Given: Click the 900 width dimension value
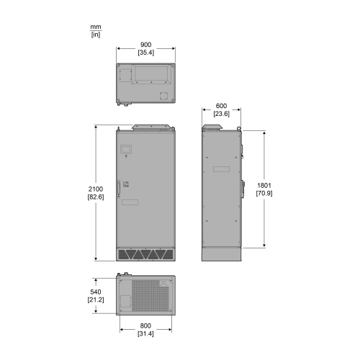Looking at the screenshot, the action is click(145, 45).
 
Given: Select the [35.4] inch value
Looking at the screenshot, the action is click(145, 53).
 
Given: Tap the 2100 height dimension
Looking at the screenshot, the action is click(96, 189).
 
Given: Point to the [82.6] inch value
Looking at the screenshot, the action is click(96, 197).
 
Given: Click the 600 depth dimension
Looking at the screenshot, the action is click(221, 106).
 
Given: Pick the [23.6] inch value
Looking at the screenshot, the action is click(221, 114).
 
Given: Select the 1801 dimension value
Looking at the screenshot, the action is click(264, 185).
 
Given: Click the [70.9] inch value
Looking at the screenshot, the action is click(264, 193).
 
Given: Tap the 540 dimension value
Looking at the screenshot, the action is click(96, 292).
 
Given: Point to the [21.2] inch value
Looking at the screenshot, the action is click(96, 300).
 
